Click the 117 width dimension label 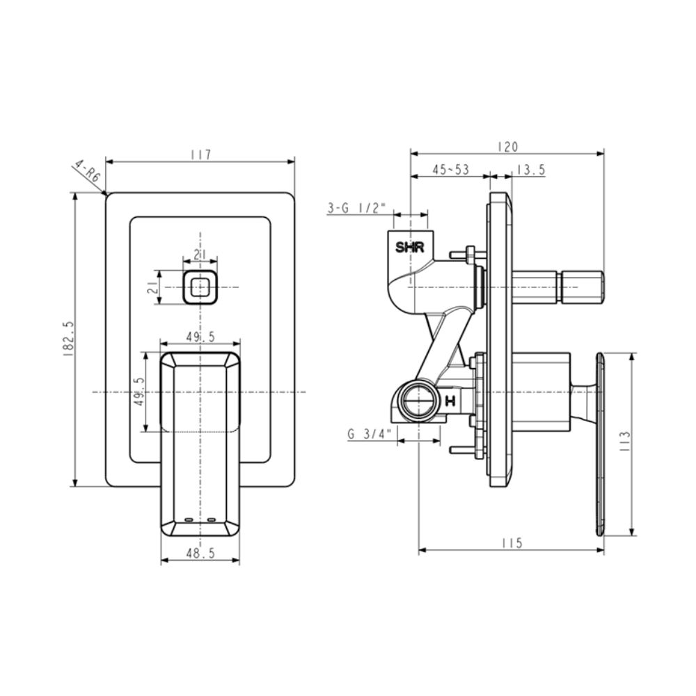(x=200, y=155)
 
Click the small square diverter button (x=200, y=287)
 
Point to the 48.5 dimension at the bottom (x=200, y=553)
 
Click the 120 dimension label (x=507, y=147)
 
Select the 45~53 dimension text (x=450, y=170)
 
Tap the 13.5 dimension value (x=531, y=170)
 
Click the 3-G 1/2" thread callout (x=357, y=207)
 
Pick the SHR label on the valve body (x=410, y=247)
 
